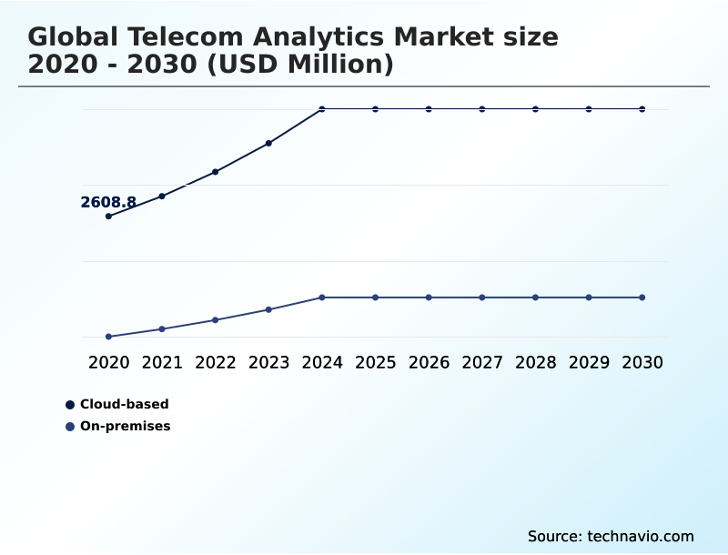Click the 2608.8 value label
[108, 203]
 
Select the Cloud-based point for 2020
[108, 216]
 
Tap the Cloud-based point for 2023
[268, 143]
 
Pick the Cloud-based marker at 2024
[322, 109]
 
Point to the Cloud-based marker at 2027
[482, 109]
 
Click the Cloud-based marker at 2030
[642, 109]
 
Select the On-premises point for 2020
[108, 337]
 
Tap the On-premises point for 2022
[216, 320]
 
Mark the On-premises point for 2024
[322, 298]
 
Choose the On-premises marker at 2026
[429, 298]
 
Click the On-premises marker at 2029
[589, 298]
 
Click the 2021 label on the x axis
[162, 362]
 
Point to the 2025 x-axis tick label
[375, 362]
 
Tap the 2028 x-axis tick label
[535, 362]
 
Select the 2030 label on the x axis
[642, 362]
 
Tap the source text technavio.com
[641, 536]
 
